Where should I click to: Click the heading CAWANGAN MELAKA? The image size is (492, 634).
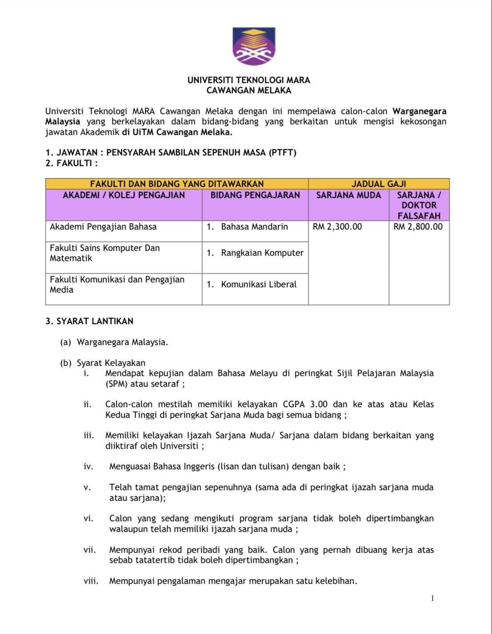pyautogui.click(x=248, y=91)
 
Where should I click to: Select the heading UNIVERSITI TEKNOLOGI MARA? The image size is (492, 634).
pyautogui.click(x=248, y=80)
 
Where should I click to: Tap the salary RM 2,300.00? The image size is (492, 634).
pyautogui.click(x=337, y=227)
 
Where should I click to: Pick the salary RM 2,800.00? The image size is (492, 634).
pyautogui.click(x=418, y=227)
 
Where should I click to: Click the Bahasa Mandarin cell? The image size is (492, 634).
pyautogui.click(x=254, y=227)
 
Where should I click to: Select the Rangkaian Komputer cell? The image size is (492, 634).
pyautogui.click(x=262, y=253)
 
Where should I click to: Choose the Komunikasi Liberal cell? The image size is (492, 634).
pyautogui.click(x=259, y=285)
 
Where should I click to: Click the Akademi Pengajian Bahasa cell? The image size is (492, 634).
pyautogui.click(x=103, y=227)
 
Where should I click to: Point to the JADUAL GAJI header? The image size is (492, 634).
pyautogui.click(x=379, y=184)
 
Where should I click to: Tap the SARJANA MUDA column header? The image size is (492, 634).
pyautogui.click(x=348, y=195)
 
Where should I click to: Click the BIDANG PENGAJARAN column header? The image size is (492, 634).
pyautogui.click(x=255, y=195)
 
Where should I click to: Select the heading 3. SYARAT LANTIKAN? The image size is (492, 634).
pyautogui.click(x=89, y=321)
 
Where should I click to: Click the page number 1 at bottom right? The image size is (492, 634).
pyautogui.click(x=432, y=598)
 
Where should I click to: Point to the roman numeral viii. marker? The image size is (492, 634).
pyautogui.click(x=91, y=581)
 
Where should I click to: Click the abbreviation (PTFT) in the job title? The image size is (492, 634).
pyautogui.click(x=282, y=153)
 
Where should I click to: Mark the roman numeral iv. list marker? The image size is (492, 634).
pyautogui.click(x=88, y=467)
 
